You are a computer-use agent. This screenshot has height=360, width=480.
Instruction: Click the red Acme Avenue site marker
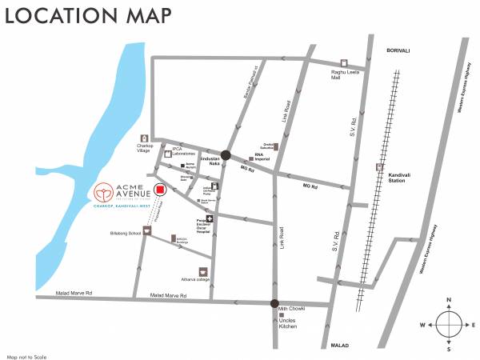160,190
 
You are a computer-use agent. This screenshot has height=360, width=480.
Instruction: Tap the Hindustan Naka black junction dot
226,156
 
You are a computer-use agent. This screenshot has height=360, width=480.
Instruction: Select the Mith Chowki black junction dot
274,304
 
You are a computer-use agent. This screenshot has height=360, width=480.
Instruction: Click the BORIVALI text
398,50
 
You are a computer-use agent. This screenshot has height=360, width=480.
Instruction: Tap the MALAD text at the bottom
341,345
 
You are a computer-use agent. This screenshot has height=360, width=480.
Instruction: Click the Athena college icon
203,271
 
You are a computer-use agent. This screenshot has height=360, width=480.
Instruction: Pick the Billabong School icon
146,230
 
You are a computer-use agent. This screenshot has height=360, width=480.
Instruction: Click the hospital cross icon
210,218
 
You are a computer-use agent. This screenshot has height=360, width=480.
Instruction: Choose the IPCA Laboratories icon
168,154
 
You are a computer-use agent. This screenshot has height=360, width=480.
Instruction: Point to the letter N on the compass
449,300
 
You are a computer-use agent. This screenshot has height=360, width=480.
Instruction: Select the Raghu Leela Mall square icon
344,63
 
